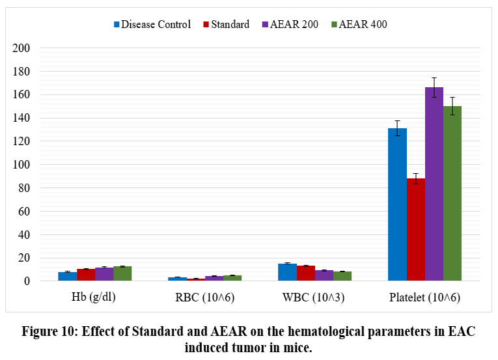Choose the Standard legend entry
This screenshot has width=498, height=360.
225,25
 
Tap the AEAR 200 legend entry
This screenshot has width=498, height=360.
286,25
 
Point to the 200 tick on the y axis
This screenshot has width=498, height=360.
21,48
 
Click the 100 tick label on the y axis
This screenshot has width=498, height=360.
21,165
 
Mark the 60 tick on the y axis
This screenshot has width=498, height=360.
24,211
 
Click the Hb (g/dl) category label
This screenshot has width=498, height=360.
95,299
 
